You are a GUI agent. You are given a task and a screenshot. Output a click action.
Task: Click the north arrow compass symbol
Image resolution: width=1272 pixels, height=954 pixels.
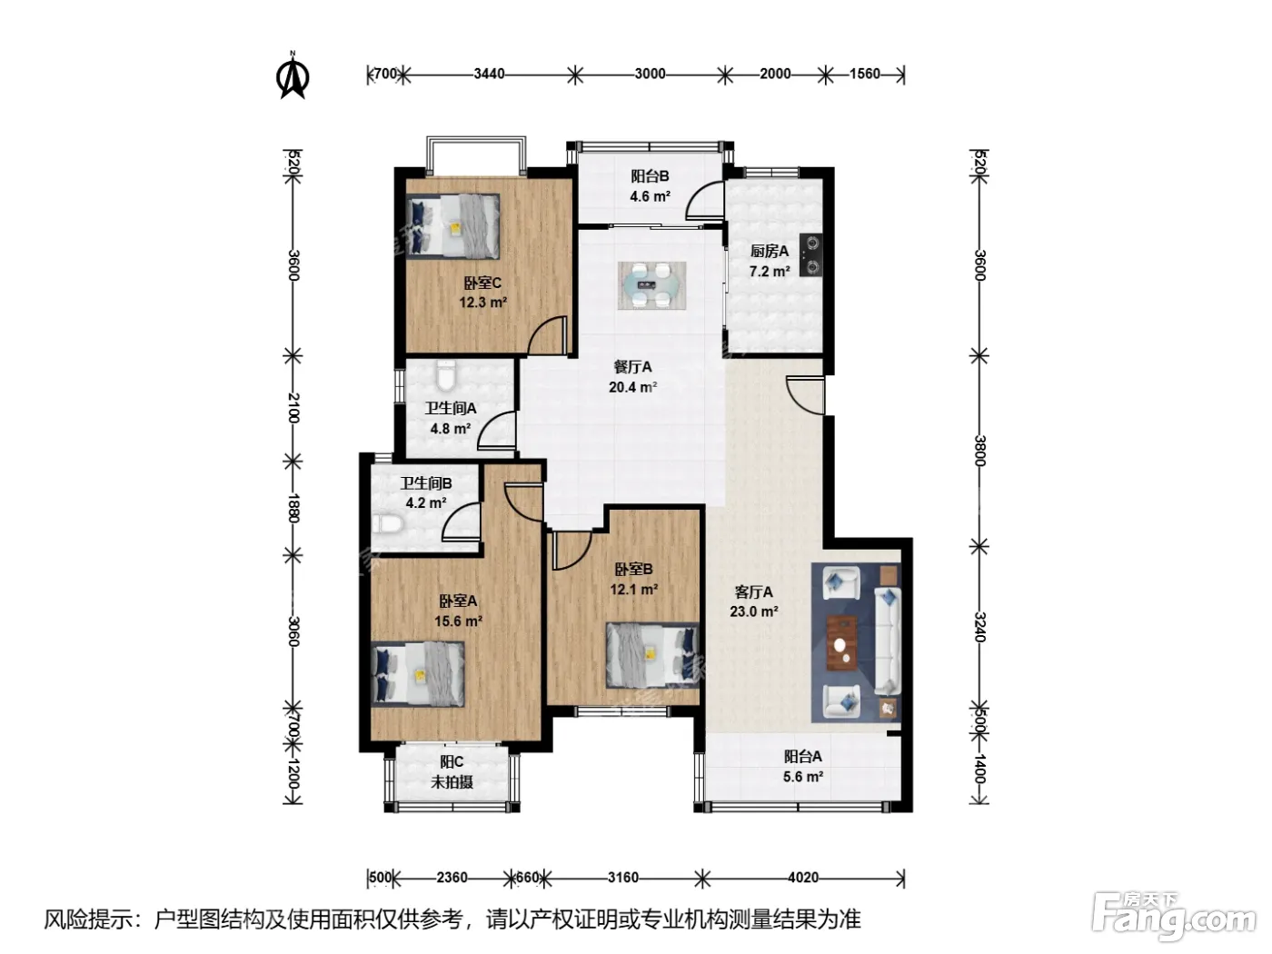(x=293, y=75)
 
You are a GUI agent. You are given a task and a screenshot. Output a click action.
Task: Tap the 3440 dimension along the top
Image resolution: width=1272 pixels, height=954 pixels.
(x=489, y=75)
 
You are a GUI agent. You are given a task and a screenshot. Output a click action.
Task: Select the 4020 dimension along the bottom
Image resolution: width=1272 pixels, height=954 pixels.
(x=802, y=878)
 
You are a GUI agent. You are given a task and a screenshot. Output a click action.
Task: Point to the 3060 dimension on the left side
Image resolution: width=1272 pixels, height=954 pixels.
(x=293, y=631)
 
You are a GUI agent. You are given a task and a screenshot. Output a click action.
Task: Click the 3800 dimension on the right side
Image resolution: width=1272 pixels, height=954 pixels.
(x=979, y=450)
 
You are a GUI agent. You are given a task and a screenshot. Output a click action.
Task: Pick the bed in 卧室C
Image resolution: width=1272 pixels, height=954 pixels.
(x=452, y=225)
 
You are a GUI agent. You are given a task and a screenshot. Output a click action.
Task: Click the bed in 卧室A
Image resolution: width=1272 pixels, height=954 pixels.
(x=418, y=674)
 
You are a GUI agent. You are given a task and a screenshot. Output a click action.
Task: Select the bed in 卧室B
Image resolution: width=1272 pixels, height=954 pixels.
(x=652, y=655)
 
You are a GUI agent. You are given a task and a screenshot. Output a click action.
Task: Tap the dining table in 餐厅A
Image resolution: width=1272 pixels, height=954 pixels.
(x=652, y=285)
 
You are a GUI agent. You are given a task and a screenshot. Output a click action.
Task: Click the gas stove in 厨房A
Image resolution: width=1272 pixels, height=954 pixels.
(x=810, y=254)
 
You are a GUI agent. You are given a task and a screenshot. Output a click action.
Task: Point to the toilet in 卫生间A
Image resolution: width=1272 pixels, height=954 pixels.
(x=445, y=374)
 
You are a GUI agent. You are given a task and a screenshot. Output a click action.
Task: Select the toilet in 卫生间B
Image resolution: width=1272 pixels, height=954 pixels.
(x=386, y=523)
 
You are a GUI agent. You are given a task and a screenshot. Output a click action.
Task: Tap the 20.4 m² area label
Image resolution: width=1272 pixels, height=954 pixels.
(x=632, y=387)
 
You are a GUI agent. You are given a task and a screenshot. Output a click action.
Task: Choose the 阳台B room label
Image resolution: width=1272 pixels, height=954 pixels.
(x=651, y=176)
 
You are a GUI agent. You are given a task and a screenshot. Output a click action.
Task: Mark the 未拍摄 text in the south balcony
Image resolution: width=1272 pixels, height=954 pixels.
(x=452, y=782)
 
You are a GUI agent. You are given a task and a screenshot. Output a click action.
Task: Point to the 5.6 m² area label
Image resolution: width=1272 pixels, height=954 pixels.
(x=803, y=776)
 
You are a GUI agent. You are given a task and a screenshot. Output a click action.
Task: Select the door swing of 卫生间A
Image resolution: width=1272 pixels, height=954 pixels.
(x=497, y=430)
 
